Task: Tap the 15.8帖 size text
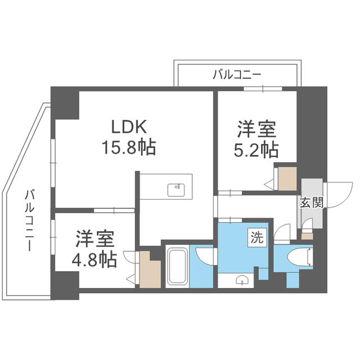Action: click(128, 147)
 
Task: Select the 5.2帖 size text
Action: click(256, 150)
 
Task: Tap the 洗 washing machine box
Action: click(256, 238)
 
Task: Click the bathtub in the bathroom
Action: click(178, 267)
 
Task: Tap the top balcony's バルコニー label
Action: click(237, 74)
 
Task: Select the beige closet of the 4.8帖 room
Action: click(149, 271)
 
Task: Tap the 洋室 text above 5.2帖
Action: click(256, 129)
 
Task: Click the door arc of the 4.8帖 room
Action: click(130, 257)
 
